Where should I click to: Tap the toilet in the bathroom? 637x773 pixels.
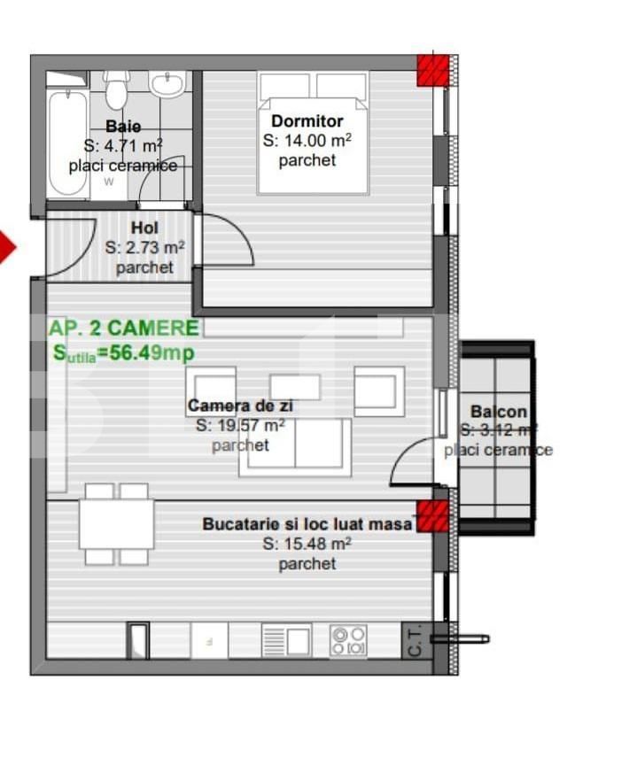tap(116, 89)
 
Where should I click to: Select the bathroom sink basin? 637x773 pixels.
tap(167, 85)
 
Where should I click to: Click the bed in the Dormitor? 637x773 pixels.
tap(313, 133)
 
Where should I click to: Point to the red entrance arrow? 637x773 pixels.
tap(6, 247)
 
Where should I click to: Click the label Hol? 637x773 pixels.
tap(144, 228)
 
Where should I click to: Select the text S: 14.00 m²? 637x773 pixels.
tap(307, 141)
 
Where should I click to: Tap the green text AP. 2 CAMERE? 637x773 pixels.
tap(124, 328)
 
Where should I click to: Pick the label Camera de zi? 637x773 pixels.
tap(240, 406)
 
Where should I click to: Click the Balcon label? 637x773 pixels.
tap(498, 412)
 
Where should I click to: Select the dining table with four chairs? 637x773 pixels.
tap(116, 524)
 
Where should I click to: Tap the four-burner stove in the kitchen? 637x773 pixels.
tap(348, 640)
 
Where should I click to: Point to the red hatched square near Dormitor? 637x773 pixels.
tap(431, 69)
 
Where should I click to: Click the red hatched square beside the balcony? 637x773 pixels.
tap(431, 516)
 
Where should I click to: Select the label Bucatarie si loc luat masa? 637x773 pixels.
tap(307, 524)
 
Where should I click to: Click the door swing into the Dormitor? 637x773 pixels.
tap(228, 241)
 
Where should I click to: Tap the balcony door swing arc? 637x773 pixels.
tap(411, 462)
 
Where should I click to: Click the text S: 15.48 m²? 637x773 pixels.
tap(307, 545)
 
